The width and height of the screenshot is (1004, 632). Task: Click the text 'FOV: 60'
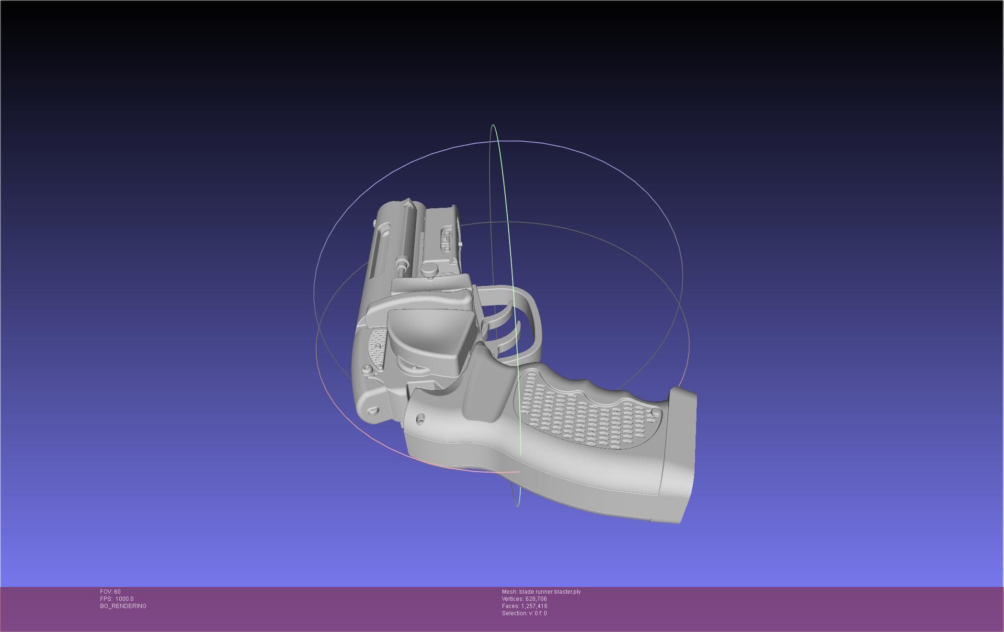click(x=110, y=592)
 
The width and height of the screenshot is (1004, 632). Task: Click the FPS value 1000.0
click(x=124, y=599)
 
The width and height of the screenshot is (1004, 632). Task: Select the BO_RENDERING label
click(x=123, y=606)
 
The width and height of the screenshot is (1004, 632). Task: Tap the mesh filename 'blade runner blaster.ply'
click(x=549, y=592)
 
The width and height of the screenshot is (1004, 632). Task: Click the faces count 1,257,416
click(x=534, y=606)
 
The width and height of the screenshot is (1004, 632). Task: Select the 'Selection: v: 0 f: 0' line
click(x=524, y=613)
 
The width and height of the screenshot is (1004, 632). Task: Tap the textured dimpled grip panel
click(x=584, y=412)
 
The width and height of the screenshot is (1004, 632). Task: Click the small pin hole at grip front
click(x=420, y=419)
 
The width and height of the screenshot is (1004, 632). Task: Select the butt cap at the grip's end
click(x=678, y=455)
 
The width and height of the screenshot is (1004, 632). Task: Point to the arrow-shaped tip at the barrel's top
click(x=408, y=206)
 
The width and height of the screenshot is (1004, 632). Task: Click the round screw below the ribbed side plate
click(x=367, y=370)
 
